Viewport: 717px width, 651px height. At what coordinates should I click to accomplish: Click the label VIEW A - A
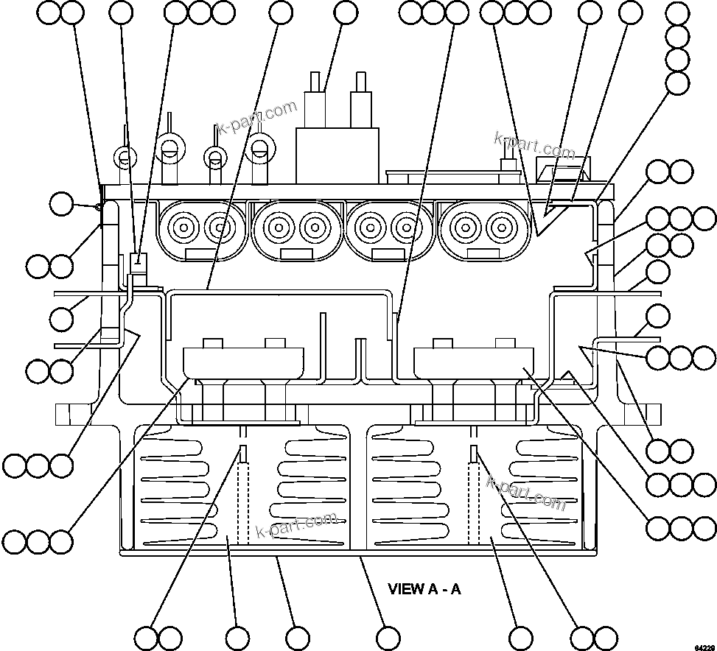[x=424, y=589]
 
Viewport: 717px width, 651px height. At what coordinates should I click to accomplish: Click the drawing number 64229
[x=703, y=645]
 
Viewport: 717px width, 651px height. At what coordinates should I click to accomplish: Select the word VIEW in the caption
[x=406, y=589]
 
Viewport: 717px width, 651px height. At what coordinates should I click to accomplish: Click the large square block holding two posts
[x=337, y=155]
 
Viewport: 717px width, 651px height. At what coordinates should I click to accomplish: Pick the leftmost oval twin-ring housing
[x=200, y=228]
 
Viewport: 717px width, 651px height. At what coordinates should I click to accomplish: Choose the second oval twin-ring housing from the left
[x=296, y=228]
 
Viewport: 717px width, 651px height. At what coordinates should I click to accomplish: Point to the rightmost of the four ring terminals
[x=259, y=147]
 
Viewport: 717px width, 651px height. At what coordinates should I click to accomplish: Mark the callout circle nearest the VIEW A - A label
[x=388, y=638]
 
